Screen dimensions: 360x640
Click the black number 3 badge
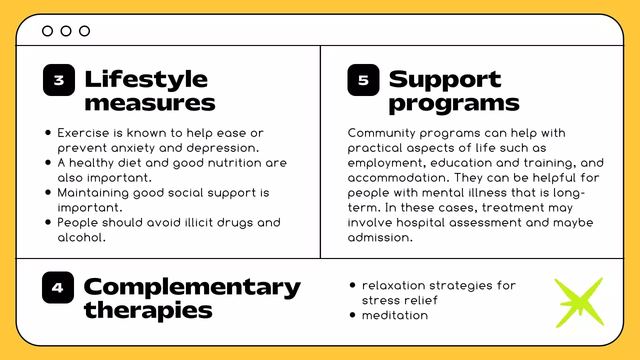(x=58, y=80)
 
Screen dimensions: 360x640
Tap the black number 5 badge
(x=363, y=80)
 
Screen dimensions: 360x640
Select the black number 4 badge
(x=58, y=287)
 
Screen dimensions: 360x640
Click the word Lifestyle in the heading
(x=146, y=79)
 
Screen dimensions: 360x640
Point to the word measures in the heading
(x=150, y=103)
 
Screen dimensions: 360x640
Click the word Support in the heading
(x=444, y=79)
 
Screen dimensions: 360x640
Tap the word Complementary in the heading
(x=192, y=287)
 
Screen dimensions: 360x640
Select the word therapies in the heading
(x=148, y=310)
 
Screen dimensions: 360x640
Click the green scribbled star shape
(x=579, y=302)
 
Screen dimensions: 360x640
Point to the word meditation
(x=395, y=315)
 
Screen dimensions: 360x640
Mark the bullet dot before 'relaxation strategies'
(x=352, y=285)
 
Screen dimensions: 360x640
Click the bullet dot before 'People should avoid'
(x=48, y=222)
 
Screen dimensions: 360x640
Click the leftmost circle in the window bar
(x=47, y=31)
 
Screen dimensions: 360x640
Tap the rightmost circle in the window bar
(x=84, y=31)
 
